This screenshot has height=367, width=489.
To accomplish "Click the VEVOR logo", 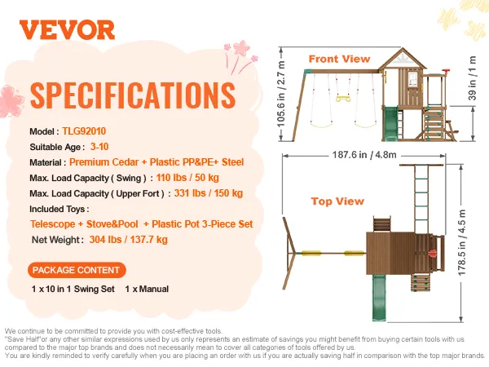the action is (67, 30).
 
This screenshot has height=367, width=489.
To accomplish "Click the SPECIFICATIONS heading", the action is (133, 95).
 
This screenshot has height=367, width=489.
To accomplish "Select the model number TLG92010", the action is (84, 131).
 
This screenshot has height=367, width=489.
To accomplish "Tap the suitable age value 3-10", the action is (99, 147).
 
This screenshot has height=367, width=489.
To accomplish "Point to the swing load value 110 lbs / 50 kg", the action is (187, 178).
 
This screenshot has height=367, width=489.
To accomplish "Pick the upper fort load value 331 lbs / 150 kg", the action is (209, 193).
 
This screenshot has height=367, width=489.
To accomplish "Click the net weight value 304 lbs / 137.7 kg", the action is (129, 240).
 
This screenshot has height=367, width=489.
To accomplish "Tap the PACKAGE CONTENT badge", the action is (77, 270).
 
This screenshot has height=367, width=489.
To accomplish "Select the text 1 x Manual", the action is (147, 289).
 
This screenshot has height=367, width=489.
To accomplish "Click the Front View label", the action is (339, 59).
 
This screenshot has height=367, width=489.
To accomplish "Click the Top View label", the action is (337, 201).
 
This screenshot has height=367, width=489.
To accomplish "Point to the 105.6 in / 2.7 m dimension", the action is (281, 94).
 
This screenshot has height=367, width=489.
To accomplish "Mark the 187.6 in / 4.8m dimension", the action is (364, 155).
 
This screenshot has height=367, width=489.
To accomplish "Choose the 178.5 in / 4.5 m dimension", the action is (462, 243).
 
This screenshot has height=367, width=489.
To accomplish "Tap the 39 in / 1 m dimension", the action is (472, 78).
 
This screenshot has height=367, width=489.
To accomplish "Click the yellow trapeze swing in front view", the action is (343, 99).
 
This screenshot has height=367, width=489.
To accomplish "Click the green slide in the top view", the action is (379, 298).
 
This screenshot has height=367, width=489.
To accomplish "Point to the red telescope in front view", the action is (447, 72).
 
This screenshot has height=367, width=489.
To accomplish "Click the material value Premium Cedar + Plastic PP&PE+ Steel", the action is (156, 162).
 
